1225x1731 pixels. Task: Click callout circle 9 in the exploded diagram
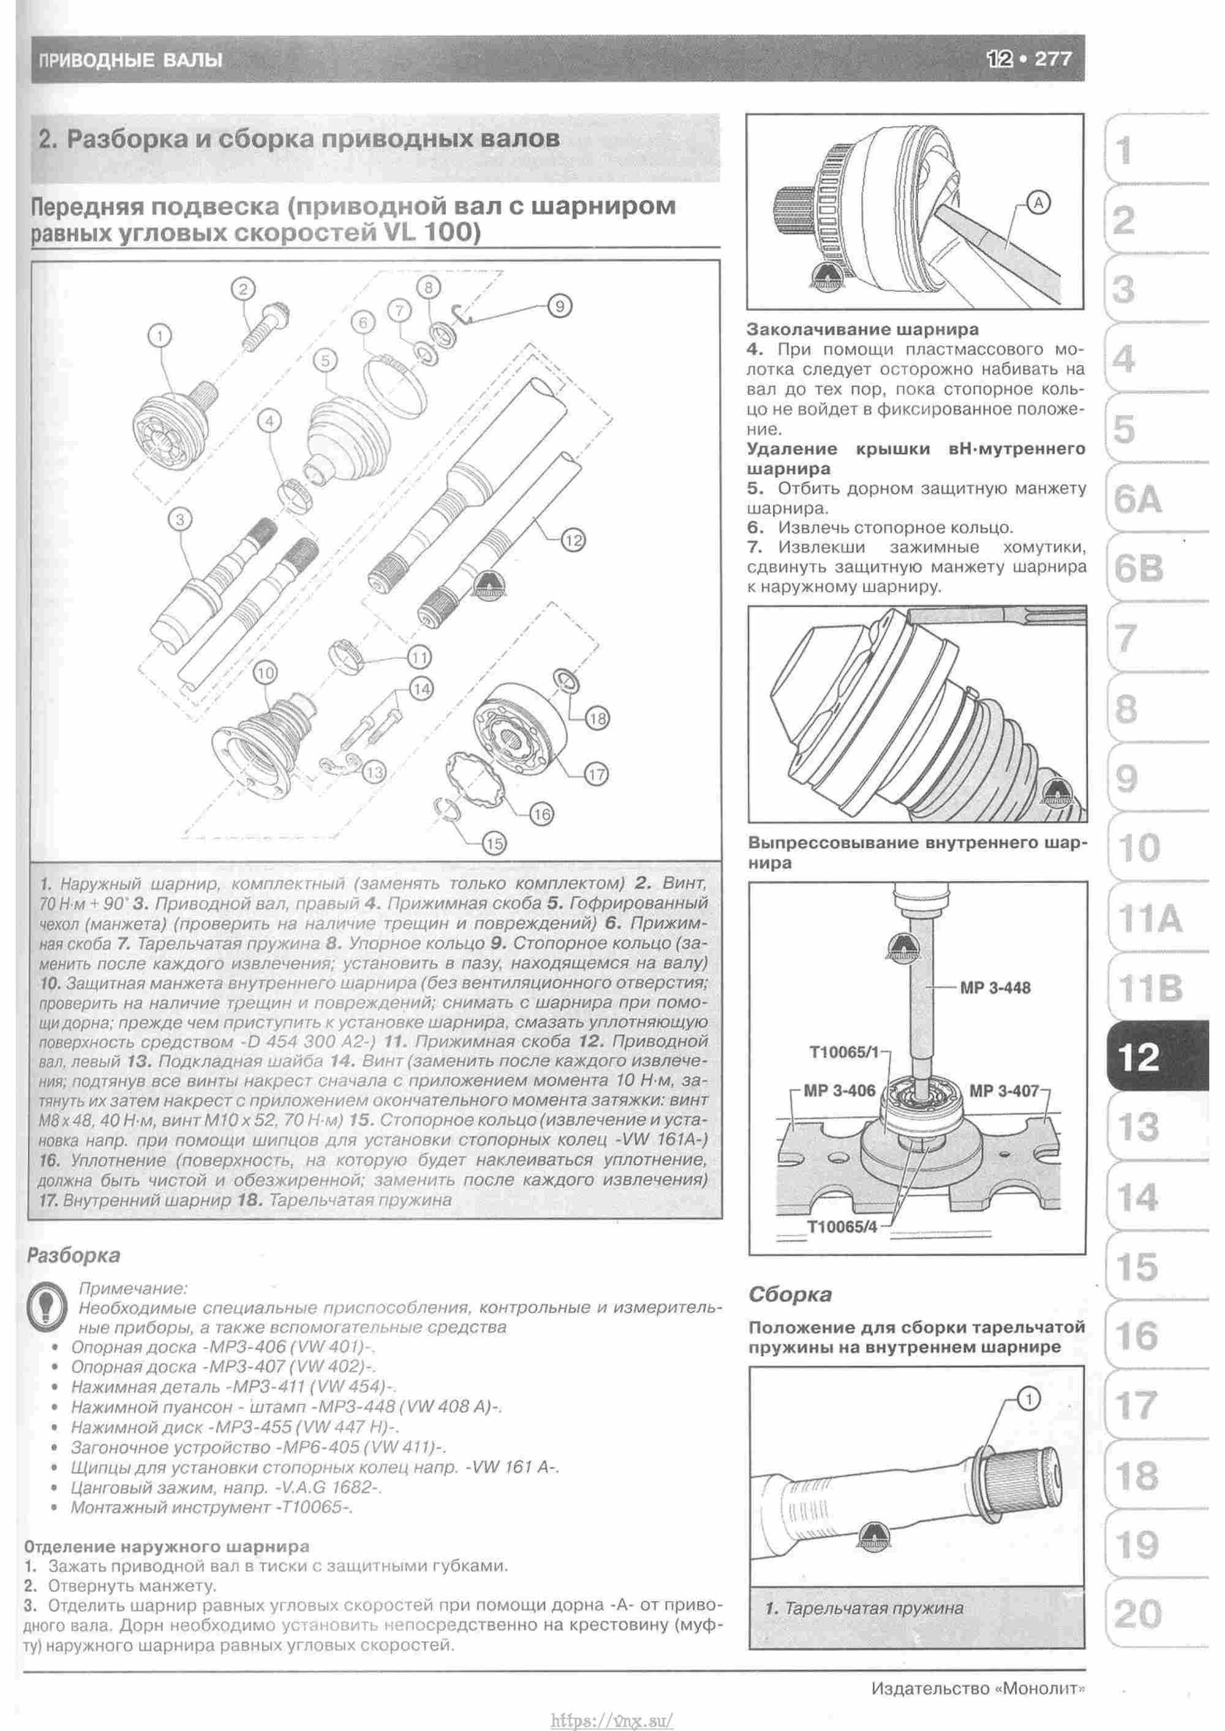pos(559,306)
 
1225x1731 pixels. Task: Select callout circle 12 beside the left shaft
pos(573,540)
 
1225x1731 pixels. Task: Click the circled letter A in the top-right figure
pos(1039,202)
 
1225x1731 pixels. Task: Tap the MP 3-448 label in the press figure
pos(994,988)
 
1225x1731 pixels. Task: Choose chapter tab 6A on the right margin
pos(1137,499)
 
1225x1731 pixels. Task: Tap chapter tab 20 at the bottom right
pos(1137,1613)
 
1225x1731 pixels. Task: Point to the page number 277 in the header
pos(1052,59)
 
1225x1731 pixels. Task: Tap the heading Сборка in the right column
pos(790,1294)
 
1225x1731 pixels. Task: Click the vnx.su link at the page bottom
pos(612,1715)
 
